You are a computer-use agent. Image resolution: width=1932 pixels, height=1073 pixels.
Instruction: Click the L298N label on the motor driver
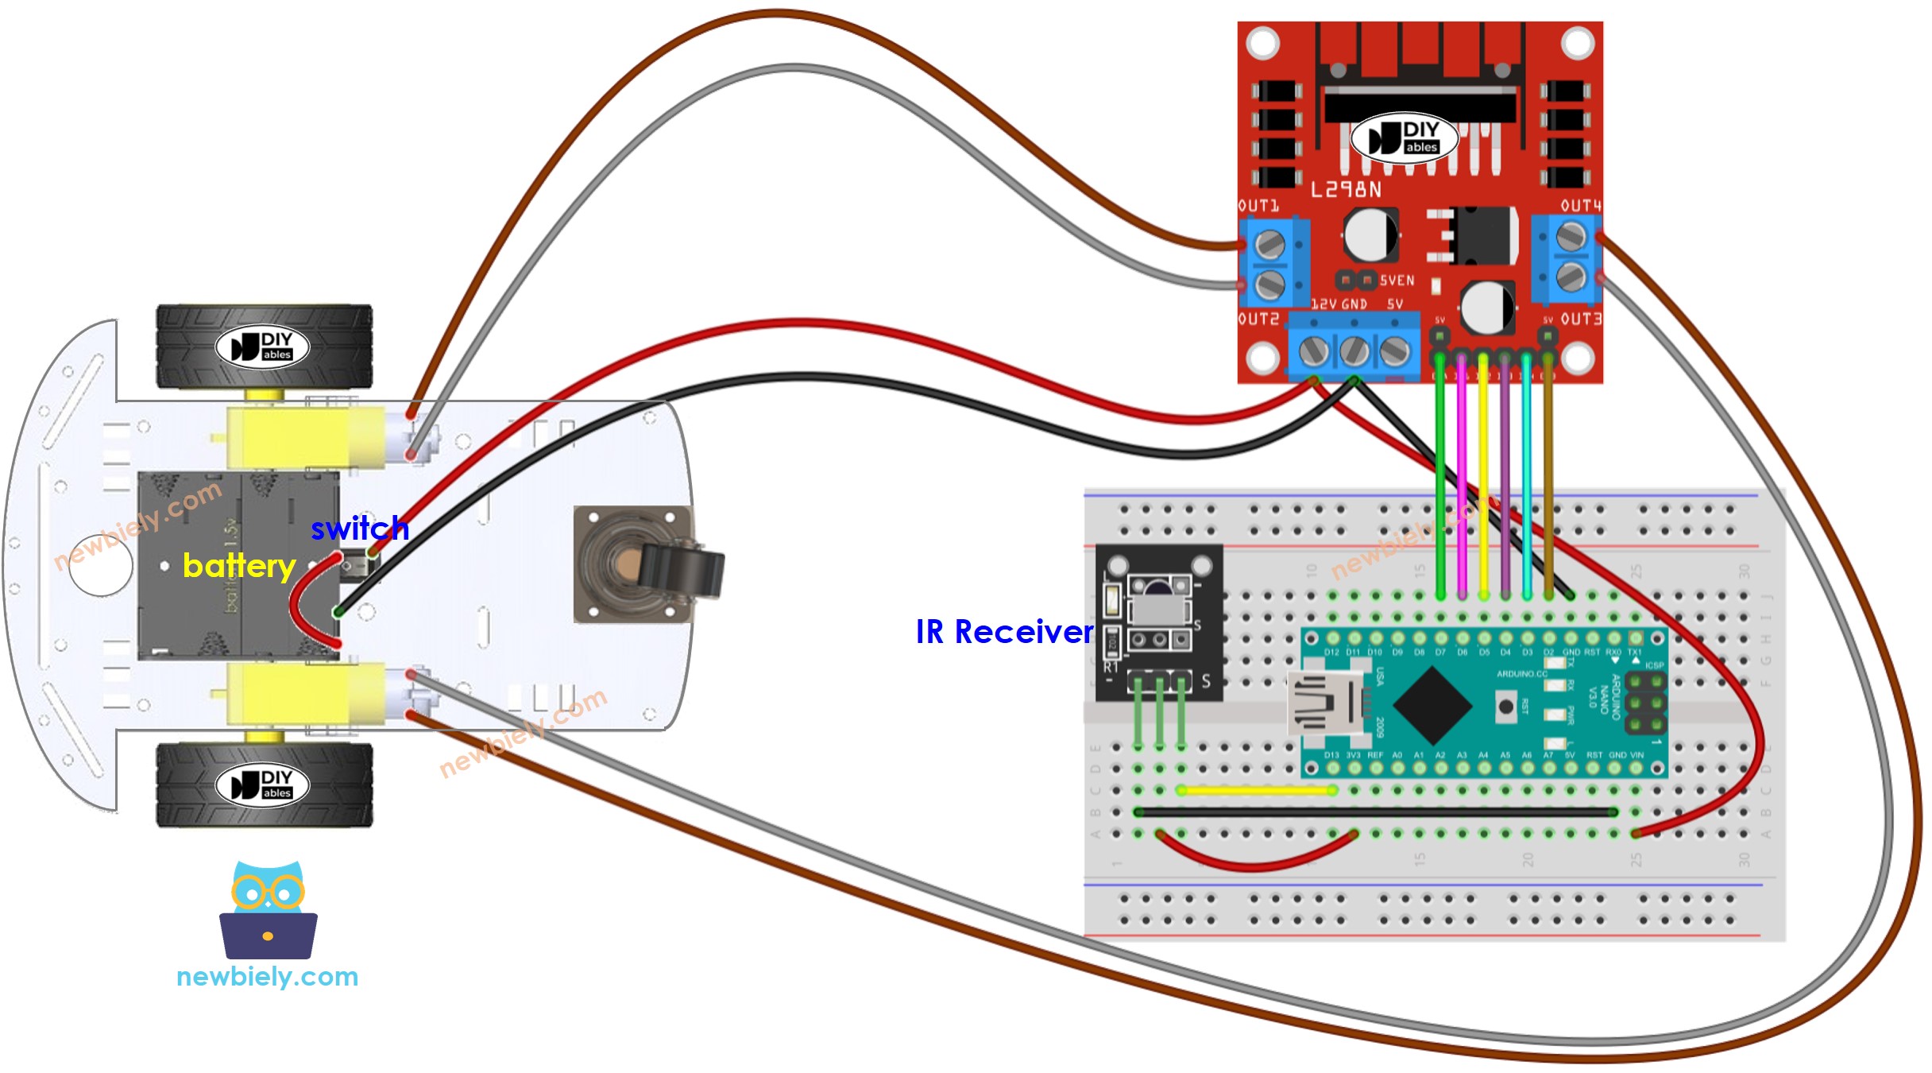point(1345,189)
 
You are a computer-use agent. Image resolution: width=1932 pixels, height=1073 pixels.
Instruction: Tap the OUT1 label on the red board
point(1258,206)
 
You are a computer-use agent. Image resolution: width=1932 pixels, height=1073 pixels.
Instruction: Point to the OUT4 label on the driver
point(1580,206)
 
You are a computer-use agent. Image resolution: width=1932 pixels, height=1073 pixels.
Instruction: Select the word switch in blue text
point(359,529)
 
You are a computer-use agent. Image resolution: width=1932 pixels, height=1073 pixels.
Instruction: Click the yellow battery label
point(238,566)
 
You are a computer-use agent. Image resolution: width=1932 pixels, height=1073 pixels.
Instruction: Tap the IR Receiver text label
point(1004,632)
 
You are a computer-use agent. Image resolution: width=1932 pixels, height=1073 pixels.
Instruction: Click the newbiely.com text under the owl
point(267,976)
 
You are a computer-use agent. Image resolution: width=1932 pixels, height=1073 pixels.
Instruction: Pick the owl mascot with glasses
point(269,911)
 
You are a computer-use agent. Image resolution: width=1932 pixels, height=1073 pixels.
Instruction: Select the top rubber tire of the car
point(265,347)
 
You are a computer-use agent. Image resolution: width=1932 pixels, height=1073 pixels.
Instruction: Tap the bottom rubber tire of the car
point(265,785)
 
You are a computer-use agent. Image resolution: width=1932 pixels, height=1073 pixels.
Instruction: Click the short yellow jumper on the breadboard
point(1257,791)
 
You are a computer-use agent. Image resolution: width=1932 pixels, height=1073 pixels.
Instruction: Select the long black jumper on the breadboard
point(1376,812)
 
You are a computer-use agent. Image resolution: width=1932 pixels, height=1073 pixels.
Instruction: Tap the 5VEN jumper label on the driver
point(1397,281)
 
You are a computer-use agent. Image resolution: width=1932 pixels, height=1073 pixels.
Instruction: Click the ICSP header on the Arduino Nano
point(1646,703)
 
